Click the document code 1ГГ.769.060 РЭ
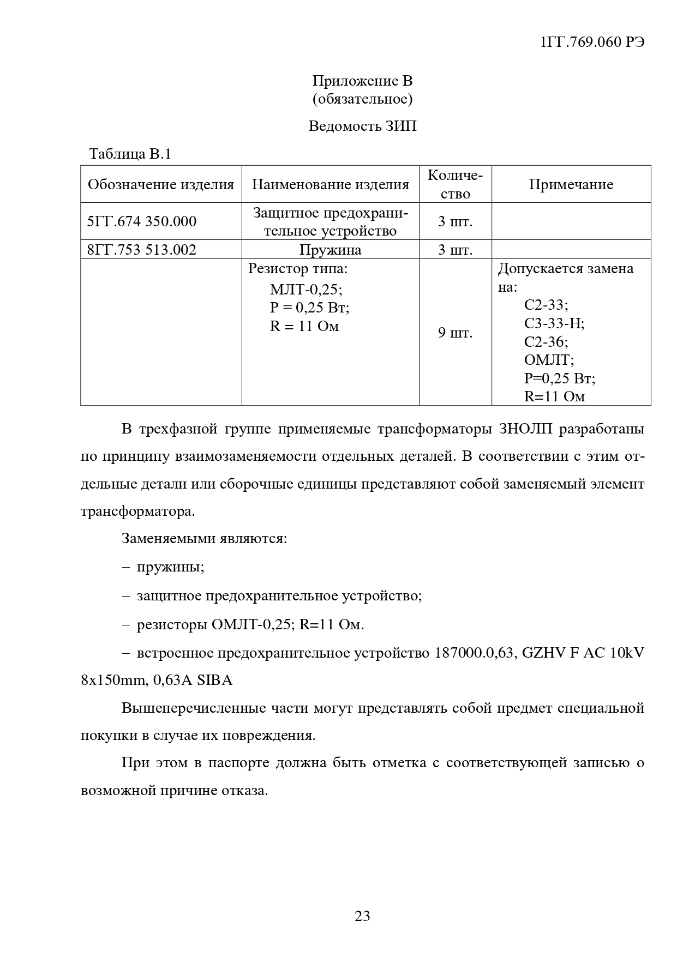click(x=592, y=43)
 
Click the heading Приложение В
click(x=362, y=81)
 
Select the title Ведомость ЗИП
click(x=362, y=126)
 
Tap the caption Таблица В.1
click(x=130, y=154)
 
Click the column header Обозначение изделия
click(x=161, y=184)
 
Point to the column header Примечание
click(x=571, y=184)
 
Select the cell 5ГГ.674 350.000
click(x=142, y=221)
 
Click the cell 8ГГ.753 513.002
click(x=142, y=250)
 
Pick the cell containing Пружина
click(x=330, y=250)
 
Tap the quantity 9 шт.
click(x=455, y=332)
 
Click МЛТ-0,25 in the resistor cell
click(x=306, y=290)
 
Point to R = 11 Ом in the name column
click(x=304, y=326)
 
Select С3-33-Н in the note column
click(x=554, y=323)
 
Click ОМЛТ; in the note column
click(x=549, y=360)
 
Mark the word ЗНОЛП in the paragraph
click(x=525, y=429)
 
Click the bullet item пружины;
click(x=171, y=567)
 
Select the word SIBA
click(x=214, y=680)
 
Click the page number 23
click(x=362, y=916)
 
